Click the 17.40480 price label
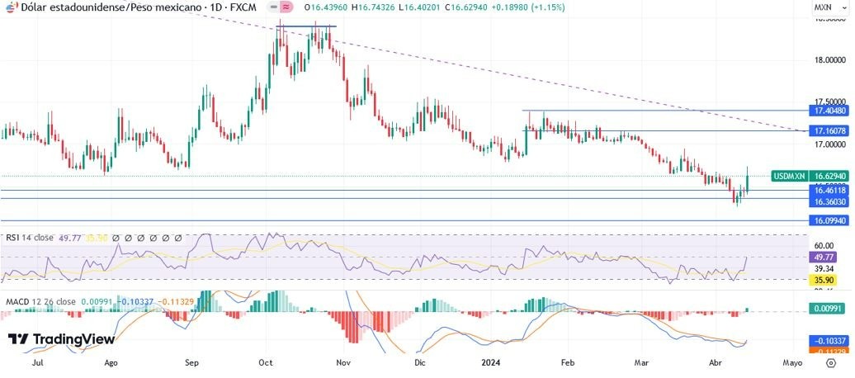829,111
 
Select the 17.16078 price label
829,131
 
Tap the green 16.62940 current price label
829,176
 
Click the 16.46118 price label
829,190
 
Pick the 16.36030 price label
829,201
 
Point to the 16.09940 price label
829,221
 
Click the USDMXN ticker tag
788,176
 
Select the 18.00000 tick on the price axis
829,60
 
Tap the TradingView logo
61,339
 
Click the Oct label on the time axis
266,362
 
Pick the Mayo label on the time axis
791,362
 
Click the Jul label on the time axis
38,362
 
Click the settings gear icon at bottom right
830,362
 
